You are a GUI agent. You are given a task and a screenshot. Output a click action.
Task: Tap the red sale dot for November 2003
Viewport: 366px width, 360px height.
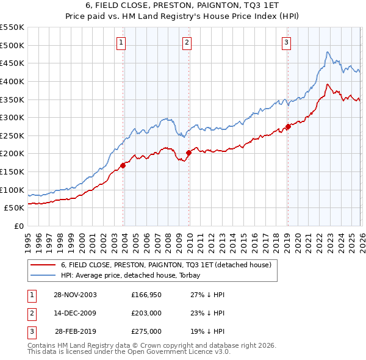123,165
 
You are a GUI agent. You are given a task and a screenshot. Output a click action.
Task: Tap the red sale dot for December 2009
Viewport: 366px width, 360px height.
188,153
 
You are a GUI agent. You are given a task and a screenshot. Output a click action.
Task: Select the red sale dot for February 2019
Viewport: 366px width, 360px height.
288,127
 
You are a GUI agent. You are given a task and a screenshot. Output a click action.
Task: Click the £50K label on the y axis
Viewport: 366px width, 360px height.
15,208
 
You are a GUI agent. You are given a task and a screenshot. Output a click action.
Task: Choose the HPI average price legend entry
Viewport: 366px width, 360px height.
135,275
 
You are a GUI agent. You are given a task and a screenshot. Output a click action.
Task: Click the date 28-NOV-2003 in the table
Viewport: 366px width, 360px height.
75,294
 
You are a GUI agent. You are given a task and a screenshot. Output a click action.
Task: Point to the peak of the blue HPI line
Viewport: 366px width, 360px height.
328,52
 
